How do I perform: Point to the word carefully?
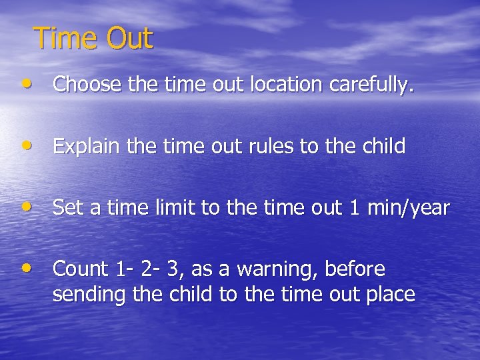[374, 85]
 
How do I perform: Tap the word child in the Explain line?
[382, 146]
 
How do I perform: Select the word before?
[355, 269]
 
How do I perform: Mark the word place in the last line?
[393, 294]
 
